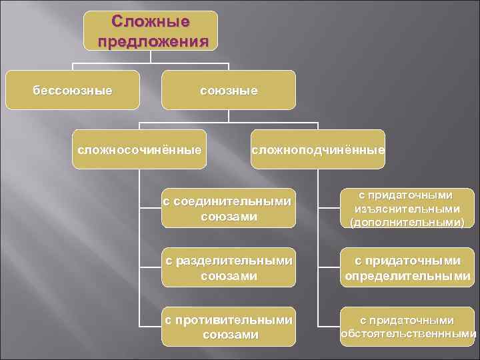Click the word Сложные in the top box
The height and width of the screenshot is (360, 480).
[x=151, y=21]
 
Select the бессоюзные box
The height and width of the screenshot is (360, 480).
[x=73, y=89]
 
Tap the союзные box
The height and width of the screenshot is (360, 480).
[x=229, y=89]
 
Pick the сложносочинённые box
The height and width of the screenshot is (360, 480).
[x=138, y=149]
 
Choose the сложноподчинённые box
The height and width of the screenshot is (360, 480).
[x=318, y=149]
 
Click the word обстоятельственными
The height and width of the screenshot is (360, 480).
[x=408, y=334]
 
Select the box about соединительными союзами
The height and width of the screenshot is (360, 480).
[x=229, y=208]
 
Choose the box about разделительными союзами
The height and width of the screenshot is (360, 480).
[x=229, y=267]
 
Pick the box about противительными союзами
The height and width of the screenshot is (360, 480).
[x=229, y=327]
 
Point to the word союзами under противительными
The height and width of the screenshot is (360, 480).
[x=229, y=335]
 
